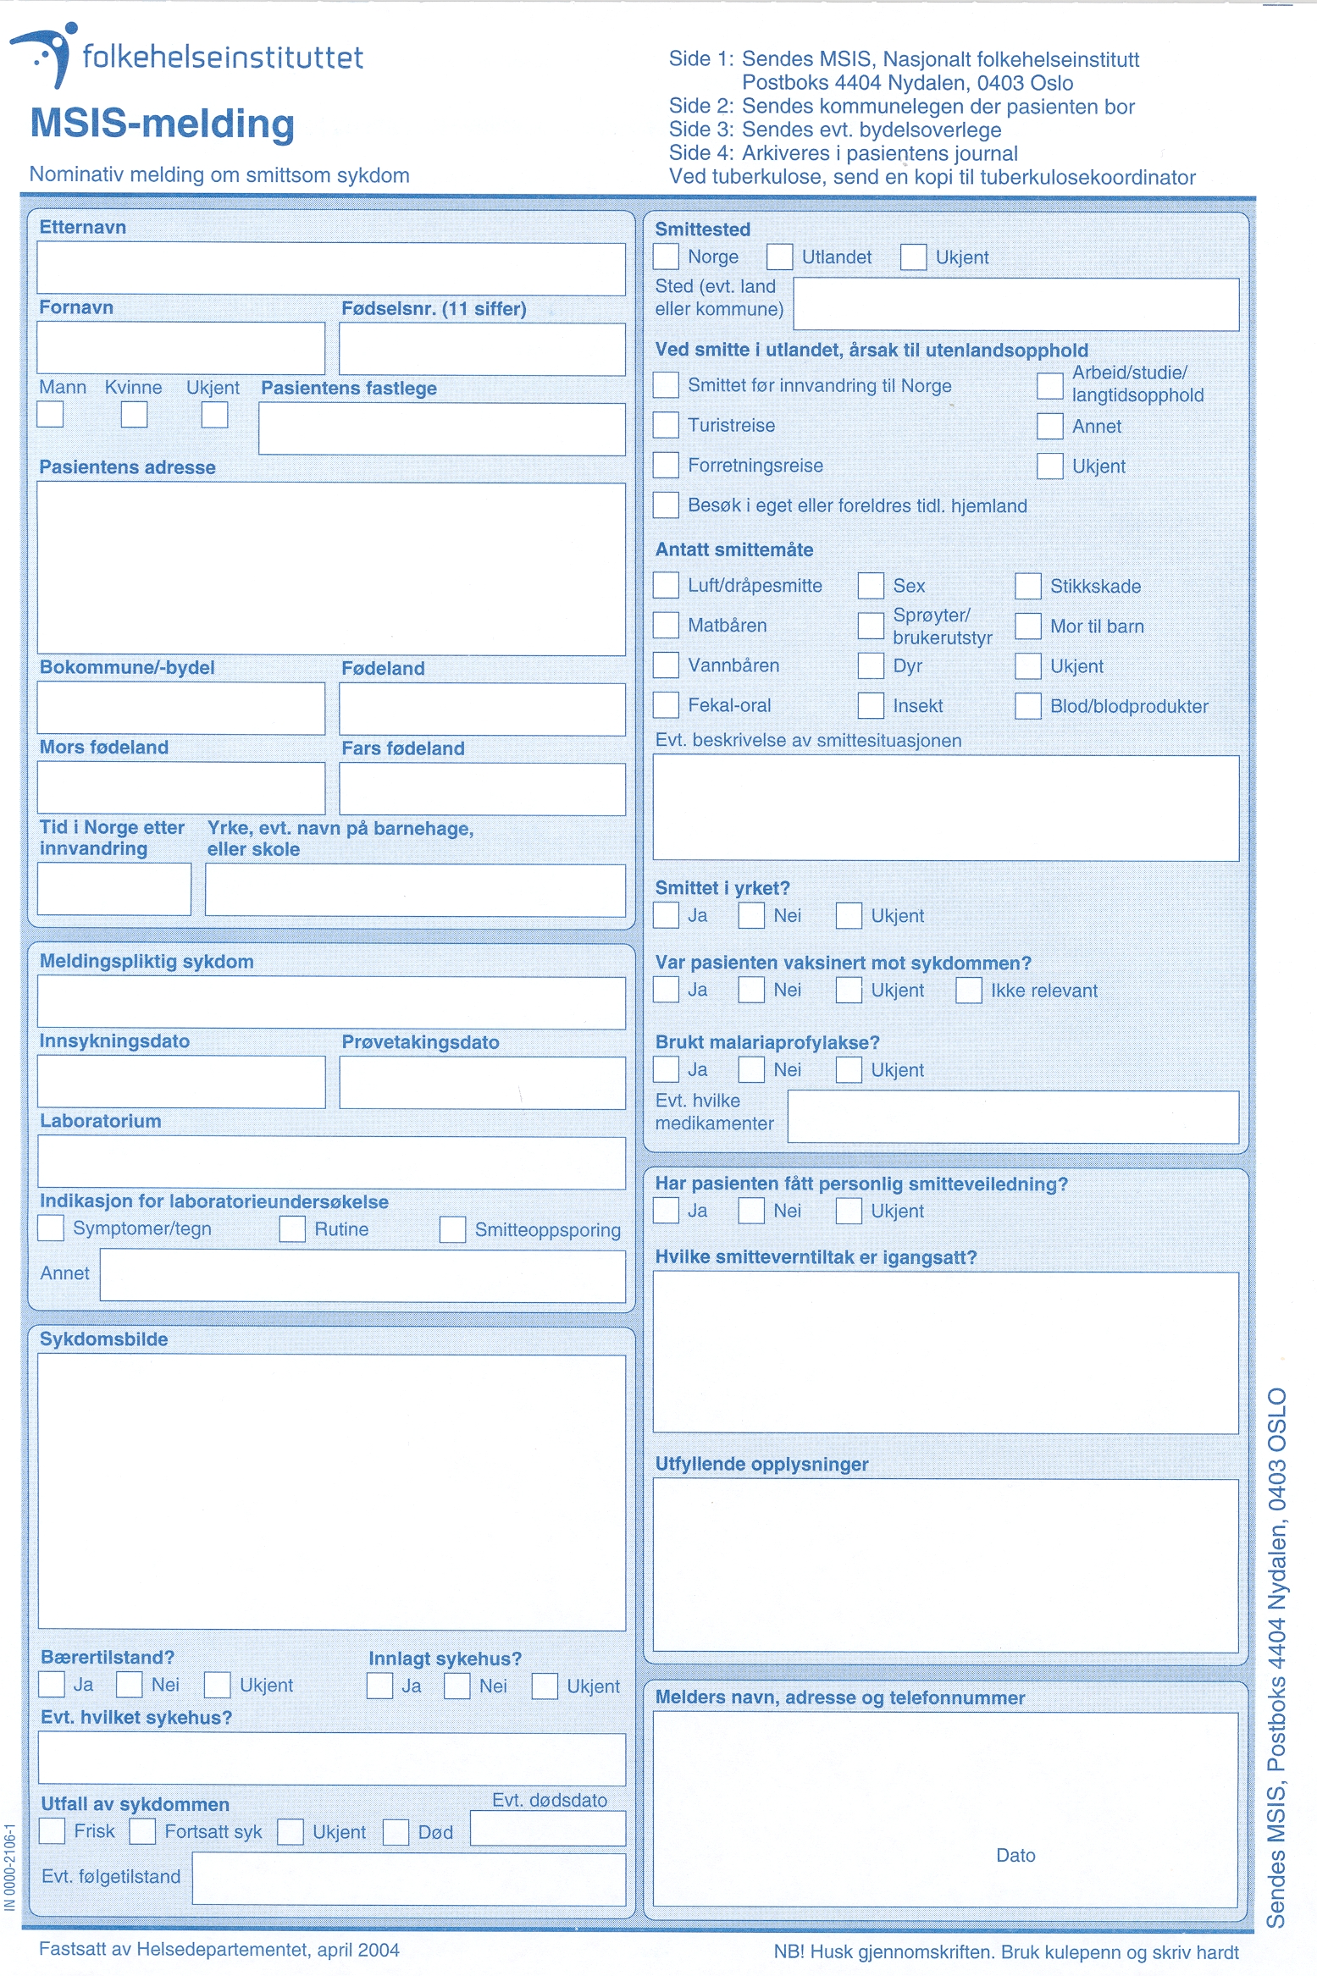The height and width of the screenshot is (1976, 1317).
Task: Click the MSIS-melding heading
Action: pyautogui.click(x=163, y=124)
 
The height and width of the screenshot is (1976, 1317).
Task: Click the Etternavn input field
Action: pyautogui.click(x=331, y=269)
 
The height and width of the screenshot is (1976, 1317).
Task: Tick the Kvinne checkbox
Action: pyautogui.click(x=134, y=415)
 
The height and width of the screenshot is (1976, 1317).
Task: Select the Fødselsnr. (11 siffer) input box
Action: pyautogui.click(x=482, y=349)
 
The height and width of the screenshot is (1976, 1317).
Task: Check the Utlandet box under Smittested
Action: pyautogui.click(x=779, y=257)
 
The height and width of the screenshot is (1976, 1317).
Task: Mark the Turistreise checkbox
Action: pyautogui.click(x=666, y=425)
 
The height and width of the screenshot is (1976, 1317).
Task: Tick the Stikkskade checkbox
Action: pyautogui.click(x=1028, y=586)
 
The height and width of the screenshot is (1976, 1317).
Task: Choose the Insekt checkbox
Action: pyautogui.click(x=871, y=706)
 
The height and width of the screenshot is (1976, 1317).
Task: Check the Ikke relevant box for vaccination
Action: pyautogui.click(x=969, y=991)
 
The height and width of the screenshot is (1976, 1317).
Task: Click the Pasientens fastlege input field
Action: pyautogui.click(x=442, y=429)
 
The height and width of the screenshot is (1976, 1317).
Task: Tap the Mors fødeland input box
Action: pyautogui.click(x=181, y=788)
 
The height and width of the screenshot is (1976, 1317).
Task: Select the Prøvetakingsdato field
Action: pyautogui.click(x=482, y=1083)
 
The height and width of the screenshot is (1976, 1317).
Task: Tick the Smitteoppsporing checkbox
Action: pyautogui.click(x=452, y=1230)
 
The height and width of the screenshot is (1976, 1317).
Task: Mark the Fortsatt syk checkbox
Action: pyautogui.click(x=142, y=1831)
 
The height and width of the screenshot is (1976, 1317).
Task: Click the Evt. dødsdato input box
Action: pyautogui.click(x=548, y=1829)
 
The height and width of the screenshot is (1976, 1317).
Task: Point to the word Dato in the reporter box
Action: pyautogui.click(x=1015, y=1856)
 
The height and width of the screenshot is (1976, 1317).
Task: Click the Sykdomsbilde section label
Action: pyautogui.click(x=104, y=1339)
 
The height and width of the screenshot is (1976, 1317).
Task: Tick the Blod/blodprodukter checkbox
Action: pyautogui.click(x=1028, y=706)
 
